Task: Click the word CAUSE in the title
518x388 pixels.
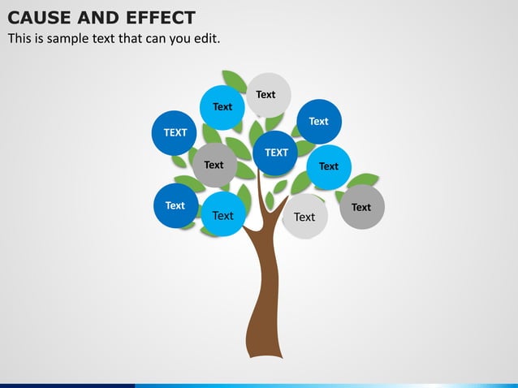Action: point(37,17)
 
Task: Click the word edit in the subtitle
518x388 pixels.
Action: point(205,38)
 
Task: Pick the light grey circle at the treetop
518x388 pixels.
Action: point(268,94)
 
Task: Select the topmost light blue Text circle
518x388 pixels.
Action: point(222,107)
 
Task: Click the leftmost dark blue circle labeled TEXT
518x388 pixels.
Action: point(175,132)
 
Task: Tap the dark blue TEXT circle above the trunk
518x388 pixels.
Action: point(276,153)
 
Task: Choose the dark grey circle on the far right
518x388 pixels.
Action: point(361,207)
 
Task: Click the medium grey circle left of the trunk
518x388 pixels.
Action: point(214,165)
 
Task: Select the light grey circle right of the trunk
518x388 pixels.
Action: point(304,217)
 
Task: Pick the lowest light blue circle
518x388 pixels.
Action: point(223,215)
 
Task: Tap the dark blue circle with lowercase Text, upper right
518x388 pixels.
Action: point(318,122)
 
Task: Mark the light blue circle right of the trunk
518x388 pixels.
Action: point(329,166)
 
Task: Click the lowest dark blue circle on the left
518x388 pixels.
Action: point(175,206)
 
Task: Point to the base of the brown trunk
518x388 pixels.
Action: point(265,351)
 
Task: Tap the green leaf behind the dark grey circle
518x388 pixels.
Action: point(365,179)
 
